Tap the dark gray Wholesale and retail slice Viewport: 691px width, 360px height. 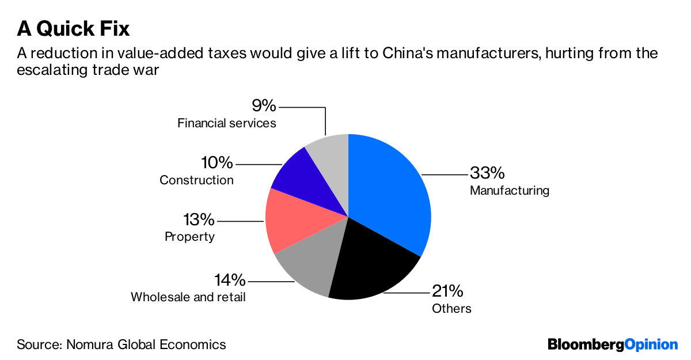click(x=308, y=265)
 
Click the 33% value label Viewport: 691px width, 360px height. click(x=487, y=173)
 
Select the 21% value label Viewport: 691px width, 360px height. click(x=447, y=291)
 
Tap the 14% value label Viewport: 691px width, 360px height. click(x=230, y=281)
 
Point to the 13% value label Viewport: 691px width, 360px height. click(x=199, y=220)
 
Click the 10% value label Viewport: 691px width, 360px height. click(x=218, y=164)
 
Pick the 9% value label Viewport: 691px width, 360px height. click(x=264, y=107)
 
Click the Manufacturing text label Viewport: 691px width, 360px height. click(x=510, y=191)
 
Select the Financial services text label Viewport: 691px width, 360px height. click(x=227, y=123)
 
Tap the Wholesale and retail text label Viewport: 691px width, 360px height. click(x=188, y=297)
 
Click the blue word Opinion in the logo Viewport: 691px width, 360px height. click(x=651, y=344)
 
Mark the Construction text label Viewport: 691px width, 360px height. click(x=196, y=180)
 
